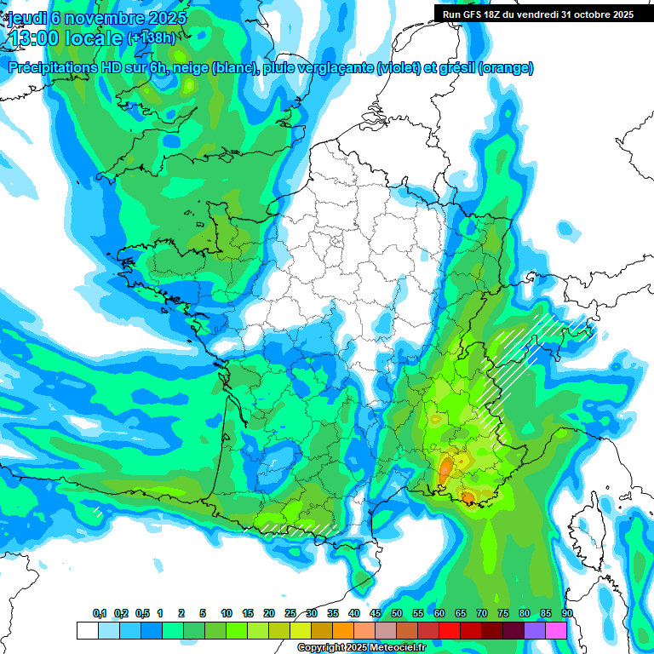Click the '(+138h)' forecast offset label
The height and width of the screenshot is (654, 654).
click(151, 38)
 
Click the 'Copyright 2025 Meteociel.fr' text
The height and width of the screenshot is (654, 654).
click(361, 648)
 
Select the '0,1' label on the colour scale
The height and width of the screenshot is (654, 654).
click(100, 614)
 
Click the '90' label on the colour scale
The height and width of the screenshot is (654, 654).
click(566, 614)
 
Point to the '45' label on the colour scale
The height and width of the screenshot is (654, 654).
click(376, 614)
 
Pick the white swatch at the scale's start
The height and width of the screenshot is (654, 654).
click(87, 630)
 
